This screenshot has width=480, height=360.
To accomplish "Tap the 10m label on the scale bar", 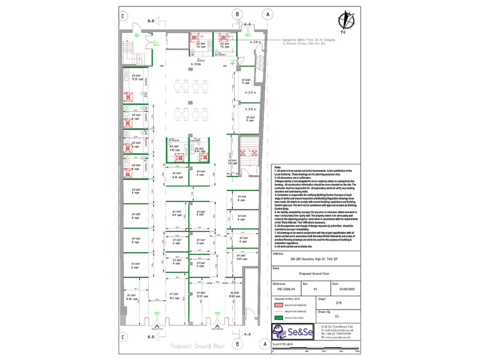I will point(357,351).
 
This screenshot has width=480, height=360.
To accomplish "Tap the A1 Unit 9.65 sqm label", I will point(242,256).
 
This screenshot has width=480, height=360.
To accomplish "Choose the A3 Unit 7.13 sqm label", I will point(176,149).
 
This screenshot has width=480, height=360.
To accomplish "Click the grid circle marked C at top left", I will point(123,15).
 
